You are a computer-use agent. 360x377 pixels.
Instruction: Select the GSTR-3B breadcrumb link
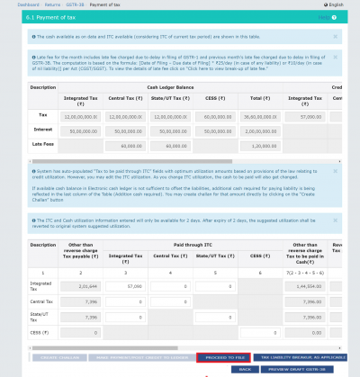(91, 4)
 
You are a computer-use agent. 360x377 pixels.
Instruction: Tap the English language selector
(337, 4)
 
